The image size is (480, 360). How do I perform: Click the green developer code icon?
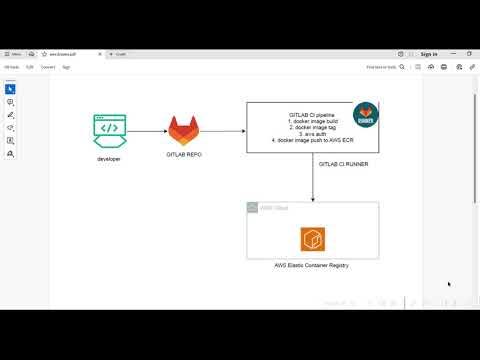click(110, 130)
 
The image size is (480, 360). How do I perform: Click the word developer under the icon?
click(109, 159)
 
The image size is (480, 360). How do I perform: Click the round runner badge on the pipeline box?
click(367, 112)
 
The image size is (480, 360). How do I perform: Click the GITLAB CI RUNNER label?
click(342, 164)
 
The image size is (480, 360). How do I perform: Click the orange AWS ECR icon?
click(313, 240)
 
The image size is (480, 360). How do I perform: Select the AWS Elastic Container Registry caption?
click(313, 264)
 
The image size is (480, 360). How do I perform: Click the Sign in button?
click(428, 54)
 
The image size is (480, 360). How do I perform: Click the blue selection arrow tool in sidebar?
click(10, 88)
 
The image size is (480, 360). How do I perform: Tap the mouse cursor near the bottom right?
click(448, 284)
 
